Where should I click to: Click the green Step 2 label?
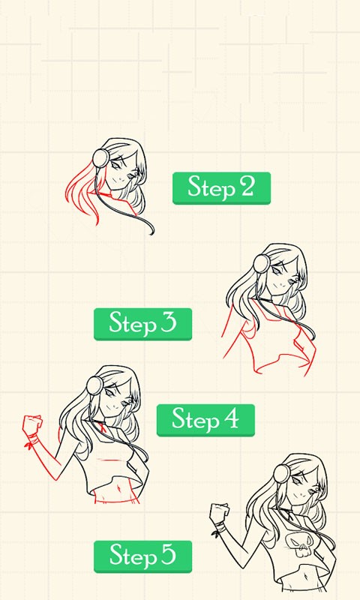click(x=221, y=188)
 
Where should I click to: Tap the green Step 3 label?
click(x=142, y=324)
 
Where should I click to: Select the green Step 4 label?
click(x=205, y=420)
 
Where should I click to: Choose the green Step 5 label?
click(x=142, y=556)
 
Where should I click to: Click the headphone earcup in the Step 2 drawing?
click(x=101, y=158)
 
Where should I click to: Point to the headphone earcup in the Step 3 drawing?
click(x=262, y=265)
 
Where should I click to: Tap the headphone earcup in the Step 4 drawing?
click(x=95, y=385)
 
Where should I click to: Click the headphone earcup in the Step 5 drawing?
click(x=282, y=473)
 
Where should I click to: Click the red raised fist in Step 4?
click(x=32, y=424)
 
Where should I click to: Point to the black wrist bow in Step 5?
click(x=217, y=532)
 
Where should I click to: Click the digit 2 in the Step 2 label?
click(x=247, y=187)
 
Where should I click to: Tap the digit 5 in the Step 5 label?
click(x=168, y=556)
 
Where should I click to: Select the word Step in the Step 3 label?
click(x=132, y=324)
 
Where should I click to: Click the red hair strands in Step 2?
click(x=82, y=194)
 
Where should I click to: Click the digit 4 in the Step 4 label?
click(x=231, y=418)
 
